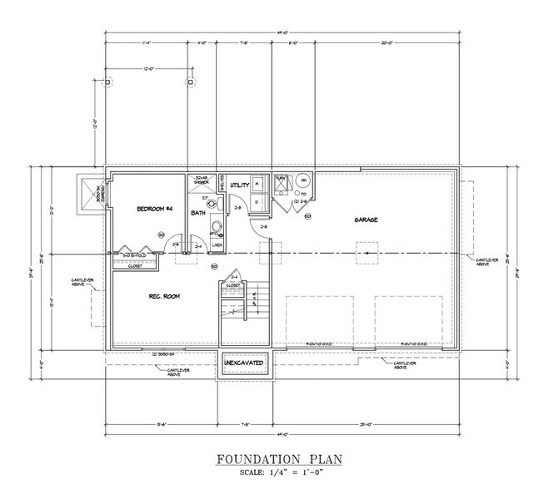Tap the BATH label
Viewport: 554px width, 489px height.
coord(198,214)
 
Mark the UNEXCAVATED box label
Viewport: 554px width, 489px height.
coord(245,364)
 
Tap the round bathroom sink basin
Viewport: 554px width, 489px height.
coord(216,225)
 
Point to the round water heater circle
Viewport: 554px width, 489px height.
coord(304,180)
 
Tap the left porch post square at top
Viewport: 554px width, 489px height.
coord(107,82)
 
